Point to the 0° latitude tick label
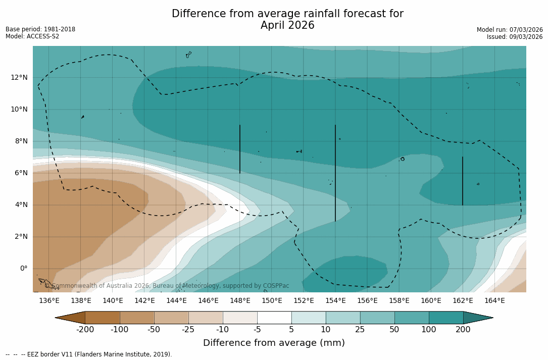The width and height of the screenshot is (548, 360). (23, 268)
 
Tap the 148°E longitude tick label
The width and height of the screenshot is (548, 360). (240, 301)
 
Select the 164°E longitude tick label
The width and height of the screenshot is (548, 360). (494, 301)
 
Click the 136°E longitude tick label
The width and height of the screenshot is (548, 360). (49, 301)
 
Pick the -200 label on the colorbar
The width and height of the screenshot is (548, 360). (85, 330)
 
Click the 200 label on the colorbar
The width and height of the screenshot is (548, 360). (463, 330)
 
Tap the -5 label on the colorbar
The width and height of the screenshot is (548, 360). (257, 330)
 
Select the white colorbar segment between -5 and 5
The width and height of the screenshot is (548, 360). (274, 318)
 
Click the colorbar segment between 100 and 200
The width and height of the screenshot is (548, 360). (446, 318)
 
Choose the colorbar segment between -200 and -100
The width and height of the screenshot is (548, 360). (103, 318)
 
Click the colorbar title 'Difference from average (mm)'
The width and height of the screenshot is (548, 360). (274, 343)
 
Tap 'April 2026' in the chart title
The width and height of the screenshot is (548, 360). (287, 25)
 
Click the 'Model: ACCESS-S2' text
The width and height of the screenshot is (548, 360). (32, 36)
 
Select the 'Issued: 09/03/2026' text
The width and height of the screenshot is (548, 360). (514, 37)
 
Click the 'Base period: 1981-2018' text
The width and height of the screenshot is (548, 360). (40, 29)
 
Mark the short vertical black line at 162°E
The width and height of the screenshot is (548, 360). (463, 181)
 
